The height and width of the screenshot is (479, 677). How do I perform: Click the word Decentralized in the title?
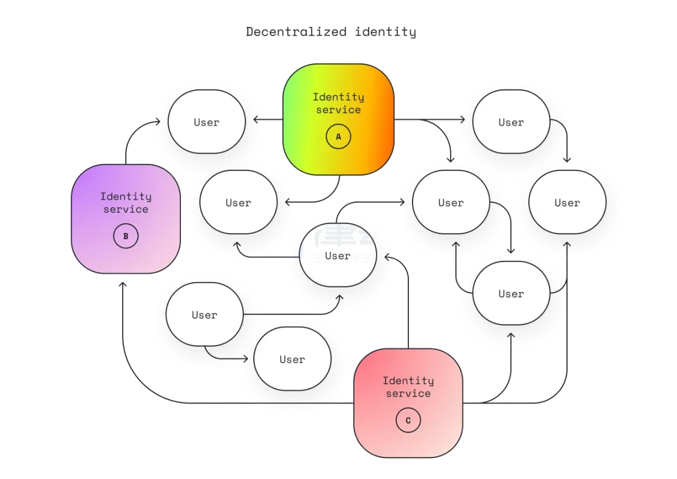296,32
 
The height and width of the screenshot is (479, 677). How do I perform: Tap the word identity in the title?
386,32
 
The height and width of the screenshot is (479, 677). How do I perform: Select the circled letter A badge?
338,136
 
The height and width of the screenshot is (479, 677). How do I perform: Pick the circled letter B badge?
126,236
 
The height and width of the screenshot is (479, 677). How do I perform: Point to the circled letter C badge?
408,420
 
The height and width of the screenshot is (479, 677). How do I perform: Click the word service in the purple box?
126,209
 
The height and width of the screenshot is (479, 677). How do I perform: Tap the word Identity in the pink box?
408,380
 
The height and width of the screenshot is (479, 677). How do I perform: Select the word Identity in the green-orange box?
338,97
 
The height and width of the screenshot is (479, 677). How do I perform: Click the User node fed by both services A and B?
207,122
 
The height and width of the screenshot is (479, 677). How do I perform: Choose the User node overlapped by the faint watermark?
338,255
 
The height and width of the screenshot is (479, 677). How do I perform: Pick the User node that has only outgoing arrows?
205,314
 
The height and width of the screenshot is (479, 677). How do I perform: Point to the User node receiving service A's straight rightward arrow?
511,122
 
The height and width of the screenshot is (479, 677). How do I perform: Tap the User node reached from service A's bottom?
239,202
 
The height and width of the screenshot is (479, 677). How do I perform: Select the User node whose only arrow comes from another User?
292,359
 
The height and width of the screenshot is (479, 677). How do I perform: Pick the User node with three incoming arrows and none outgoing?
567,202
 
